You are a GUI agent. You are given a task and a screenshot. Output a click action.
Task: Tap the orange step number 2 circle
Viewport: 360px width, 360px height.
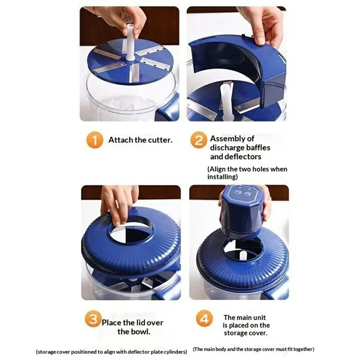198,140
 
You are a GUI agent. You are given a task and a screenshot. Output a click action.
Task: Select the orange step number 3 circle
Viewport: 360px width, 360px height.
92,321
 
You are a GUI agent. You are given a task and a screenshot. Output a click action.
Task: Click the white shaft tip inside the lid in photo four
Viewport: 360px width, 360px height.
243,255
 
